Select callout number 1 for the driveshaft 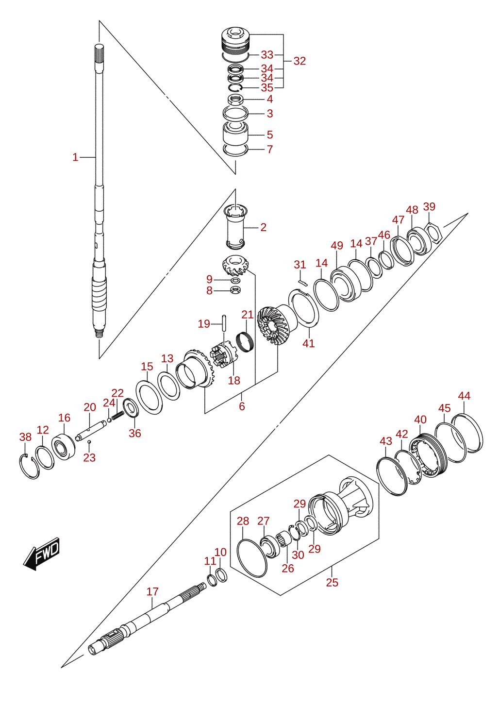pos(75,157)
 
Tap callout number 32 pos(299,61)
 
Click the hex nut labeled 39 pos(434,233)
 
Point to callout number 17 pos(152,591)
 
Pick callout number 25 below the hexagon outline pos(332,583)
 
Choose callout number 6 pos(242,406)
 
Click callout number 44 pos(465,396)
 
